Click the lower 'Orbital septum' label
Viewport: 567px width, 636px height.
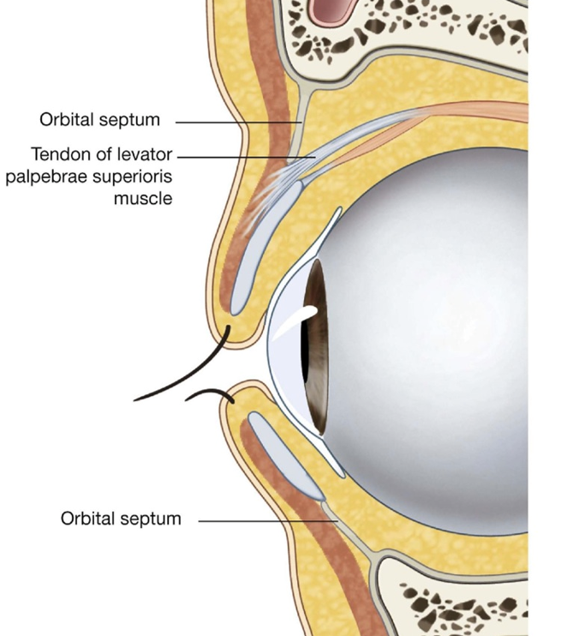[121, 519]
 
